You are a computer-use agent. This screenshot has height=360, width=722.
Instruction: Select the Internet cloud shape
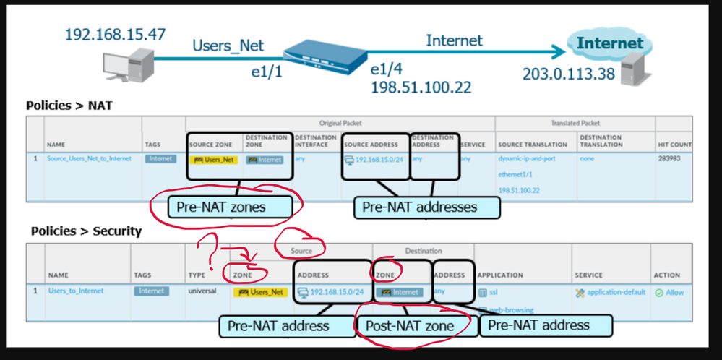[x=609, y=44]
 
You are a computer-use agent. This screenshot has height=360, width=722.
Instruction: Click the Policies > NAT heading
[x=69, y=106]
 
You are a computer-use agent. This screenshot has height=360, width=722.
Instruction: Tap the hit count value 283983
[x=672, y=158]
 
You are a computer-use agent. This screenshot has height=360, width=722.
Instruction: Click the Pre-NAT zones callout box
[x=226, y=207]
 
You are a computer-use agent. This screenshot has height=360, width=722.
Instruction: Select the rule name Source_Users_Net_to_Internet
[x=90, y=158]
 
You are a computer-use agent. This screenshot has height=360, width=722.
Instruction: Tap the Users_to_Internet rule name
[x=76, y=291]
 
